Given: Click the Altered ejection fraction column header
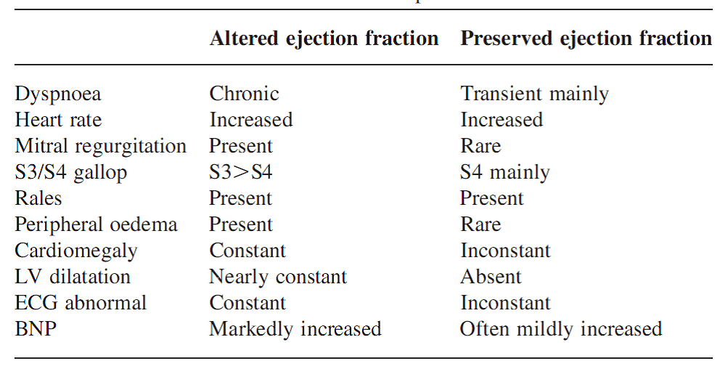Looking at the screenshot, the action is pos(324,38).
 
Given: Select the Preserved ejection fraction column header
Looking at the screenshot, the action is pos(586,38).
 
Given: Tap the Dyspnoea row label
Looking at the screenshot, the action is pos(58,94).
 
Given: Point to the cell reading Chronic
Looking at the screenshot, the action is pos(244,93).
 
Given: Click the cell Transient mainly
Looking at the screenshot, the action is pos(534,94).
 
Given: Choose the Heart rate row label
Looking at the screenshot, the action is pos(58,119).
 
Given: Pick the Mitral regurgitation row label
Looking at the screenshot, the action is pos(101,147).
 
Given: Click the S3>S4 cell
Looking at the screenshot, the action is pos(241,172).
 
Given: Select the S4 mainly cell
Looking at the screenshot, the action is pos(505,173).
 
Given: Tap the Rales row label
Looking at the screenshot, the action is pos(38,198).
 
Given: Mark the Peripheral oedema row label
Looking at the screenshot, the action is pos(96,225).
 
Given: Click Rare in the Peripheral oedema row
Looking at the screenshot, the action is pos(480,224).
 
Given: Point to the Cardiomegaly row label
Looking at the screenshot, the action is pos(76,251).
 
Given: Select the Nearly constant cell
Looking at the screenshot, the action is pos(278,277).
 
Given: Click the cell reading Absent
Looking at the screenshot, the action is pos(491,277).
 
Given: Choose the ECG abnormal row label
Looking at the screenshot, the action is pos(81,303).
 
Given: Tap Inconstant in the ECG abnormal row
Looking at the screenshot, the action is pos(506,303).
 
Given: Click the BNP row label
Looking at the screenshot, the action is pos(36,329).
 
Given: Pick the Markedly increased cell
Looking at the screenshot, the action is pos(295,330).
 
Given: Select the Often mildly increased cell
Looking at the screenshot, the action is pos(561,330).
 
